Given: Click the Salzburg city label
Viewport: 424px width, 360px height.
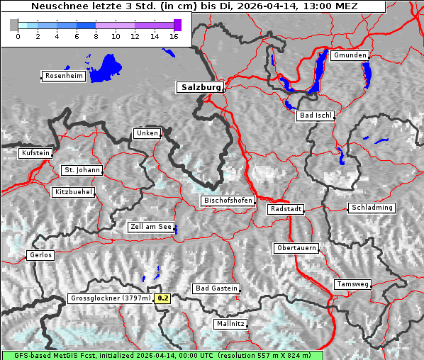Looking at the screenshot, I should coord(199,87).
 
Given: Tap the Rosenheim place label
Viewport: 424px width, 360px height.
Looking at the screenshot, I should coord(64,76).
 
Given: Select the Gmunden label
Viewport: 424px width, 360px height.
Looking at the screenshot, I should coord(350,55).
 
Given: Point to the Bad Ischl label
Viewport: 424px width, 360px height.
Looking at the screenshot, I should coord(315,116).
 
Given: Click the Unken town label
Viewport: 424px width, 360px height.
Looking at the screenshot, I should coord(146,133).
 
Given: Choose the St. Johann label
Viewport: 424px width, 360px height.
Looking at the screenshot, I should coord(82,170).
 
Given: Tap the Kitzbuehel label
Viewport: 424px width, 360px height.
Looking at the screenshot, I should coord(73,192).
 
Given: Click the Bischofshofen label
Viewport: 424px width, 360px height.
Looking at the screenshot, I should coord(228,201).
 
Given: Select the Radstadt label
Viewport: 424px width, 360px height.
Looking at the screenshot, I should coord(286,209).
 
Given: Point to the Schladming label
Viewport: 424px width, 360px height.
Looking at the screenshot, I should coord(371,208).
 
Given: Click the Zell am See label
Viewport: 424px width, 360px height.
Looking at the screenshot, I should coord(150,227).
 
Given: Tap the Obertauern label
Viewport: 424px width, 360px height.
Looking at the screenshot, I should coord(296,248).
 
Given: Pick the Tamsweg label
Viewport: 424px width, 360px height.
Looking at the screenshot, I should coord(352,284).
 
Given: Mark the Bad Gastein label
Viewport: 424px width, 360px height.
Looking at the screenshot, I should coord(216,288).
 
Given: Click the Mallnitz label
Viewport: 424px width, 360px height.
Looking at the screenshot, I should coord(230,324).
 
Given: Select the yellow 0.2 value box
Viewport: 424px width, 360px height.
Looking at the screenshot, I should coord(163,298).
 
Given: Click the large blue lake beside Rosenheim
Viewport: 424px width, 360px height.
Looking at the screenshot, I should coord(106,68).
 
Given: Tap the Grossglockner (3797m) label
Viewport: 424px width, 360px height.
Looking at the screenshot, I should coord(111,298).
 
